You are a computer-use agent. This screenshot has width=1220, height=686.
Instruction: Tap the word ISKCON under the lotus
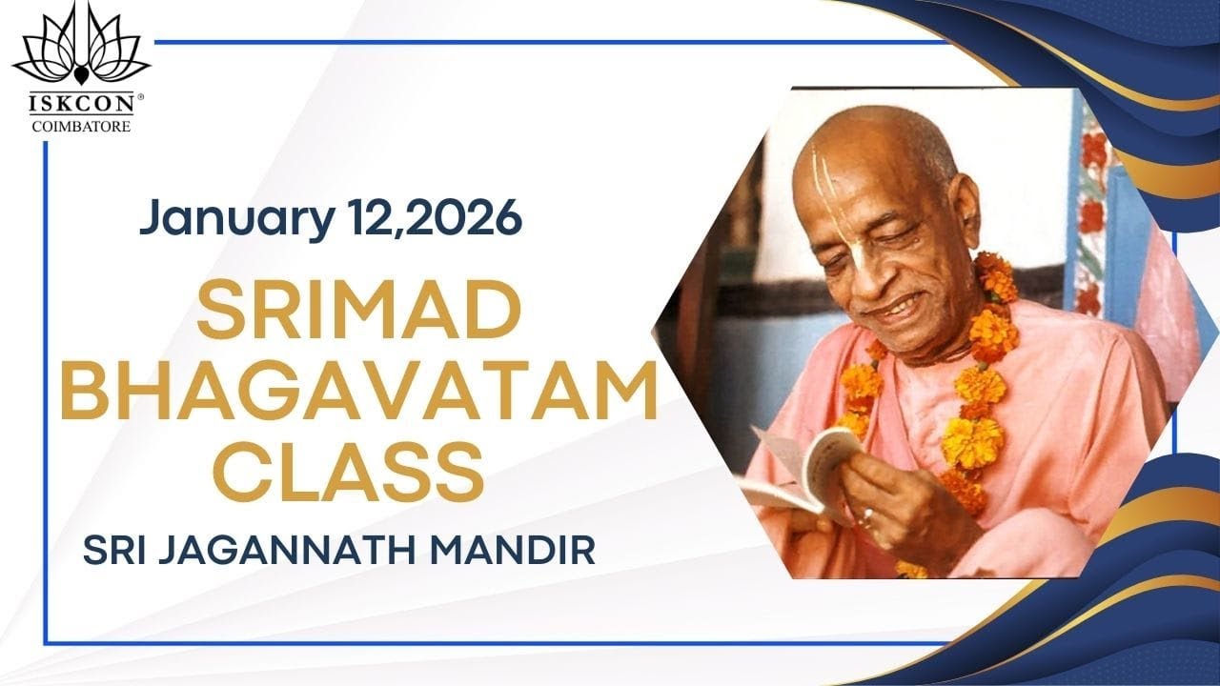tap(75, 105)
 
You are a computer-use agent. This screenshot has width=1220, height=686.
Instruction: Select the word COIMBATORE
tap(81, 125)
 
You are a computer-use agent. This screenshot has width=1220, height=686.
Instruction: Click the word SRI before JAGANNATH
tap(112, 550)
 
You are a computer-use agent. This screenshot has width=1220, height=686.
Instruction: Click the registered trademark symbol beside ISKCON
tap(141, 97)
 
